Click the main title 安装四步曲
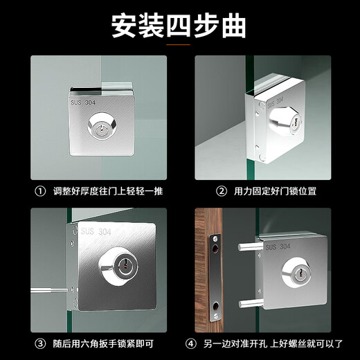pyautogui.click(x=179, y=25)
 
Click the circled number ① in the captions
pyautogui.click(x=40, y=190)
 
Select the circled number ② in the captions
pyautogui.click(x=222, y=190)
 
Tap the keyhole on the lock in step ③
pyautogui.click(x=124, y=265)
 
